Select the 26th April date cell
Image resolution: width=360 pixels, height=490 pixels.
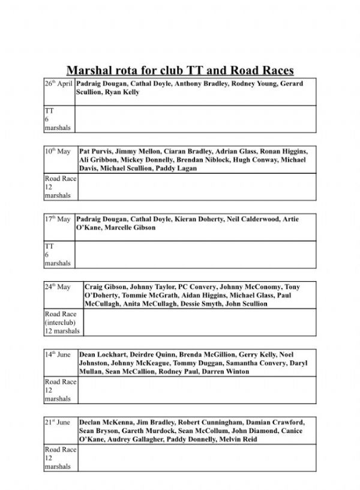59,85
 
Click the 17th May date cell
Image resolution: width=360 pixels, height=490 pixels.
58,220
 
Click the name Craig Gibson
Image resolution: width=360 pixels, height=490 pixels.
105,287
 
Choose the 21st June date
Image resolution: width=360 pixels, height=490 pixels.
58,423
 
